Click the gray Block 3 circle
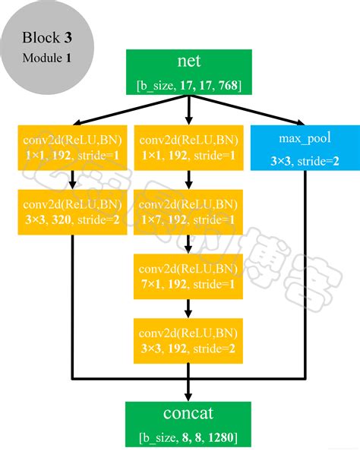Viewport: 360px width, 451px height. (x=48, y=46)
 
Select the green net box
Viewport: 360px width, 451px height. (x=188, y=73)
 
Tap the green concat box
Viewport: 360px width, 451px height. (x=188, y=424)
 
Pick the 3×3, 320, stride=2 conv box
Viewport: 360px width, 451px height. (x=71, y=212)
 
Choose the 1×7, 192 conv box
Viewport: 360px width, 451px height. (x=188, y=212)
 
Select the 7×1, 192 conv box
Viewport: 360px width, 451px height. (x=188, y=276)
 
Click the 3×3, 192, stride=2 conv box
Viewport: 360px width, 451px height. (x=188, y=341)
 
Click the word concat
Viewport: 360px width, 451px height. (x=188, y=415)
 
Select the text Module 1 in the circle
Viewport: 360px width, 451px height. (x=48, y=58)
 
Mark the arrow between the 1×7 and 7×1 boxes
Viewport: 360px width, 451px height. (x=188, y=244)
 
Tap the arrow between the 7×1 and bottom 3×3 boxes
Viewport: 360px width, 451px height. (x=188, y=308)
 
